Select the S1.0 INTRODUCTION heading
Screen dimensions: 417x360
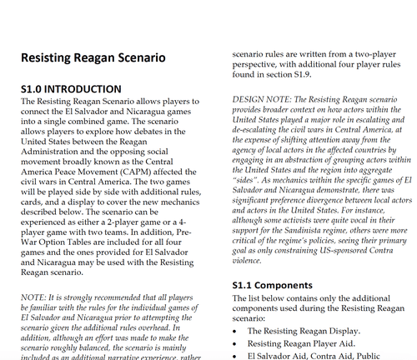[x=69, y=88]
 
